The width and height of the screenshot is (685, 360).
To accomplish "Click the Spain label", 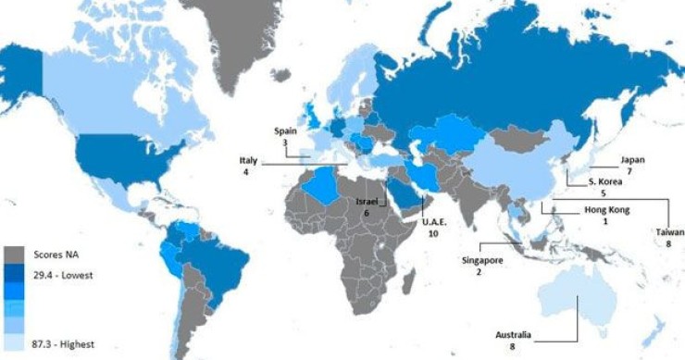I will pos(286,131).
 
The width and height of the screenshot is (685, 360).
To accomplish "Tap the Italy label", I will pos(246,160).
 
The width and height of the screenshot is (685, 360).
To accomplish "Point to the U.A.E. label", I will pos(434,223).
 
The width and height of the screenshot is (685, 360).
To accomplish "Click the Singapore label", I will pos(482,260).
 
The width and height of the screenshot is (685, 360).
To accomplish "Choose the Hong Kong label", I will pos(606,210).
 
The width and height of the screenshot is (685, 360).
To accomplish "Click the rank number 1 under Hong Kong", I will pos(606,221).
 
